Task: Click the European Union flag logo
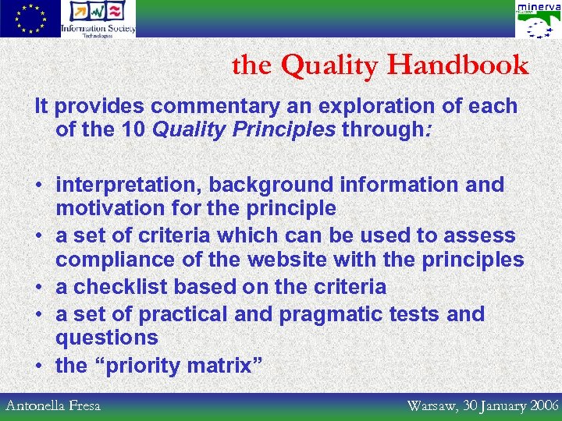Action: (30, 19)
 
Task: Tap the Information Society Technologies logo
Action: (98, 19)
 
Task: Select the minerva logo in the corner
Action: (538, 19)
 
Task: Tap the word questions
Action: (107, 338)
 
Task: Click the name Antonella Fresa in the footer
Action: (53, 405)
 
